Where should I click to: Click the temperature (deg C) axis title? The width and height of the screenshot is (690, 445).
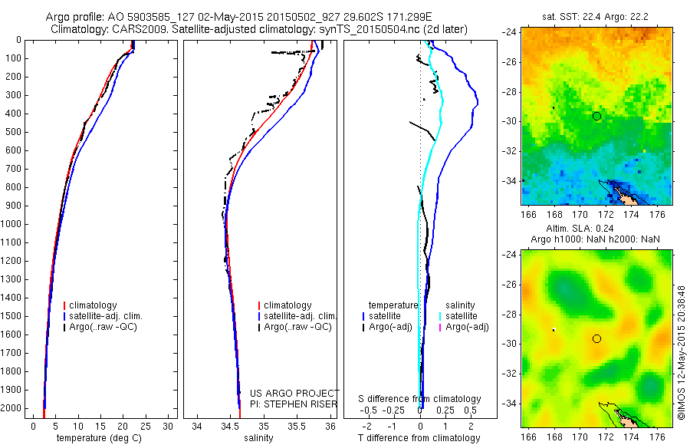pos(100,438)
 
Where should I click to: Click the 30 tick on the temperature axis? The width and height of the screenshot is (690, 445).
pos(169,427)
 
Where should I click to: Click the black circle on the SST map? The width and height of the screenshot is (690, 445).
pos(596,116)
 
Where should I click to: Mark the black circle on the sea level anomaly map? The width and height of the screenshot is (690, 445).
pos(596,338)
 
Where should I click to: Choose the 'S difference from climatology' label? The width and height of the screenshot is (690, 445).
pos(420,399)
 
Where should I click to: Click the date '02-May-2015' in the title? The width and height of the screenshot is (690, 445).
pos(209,17)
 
